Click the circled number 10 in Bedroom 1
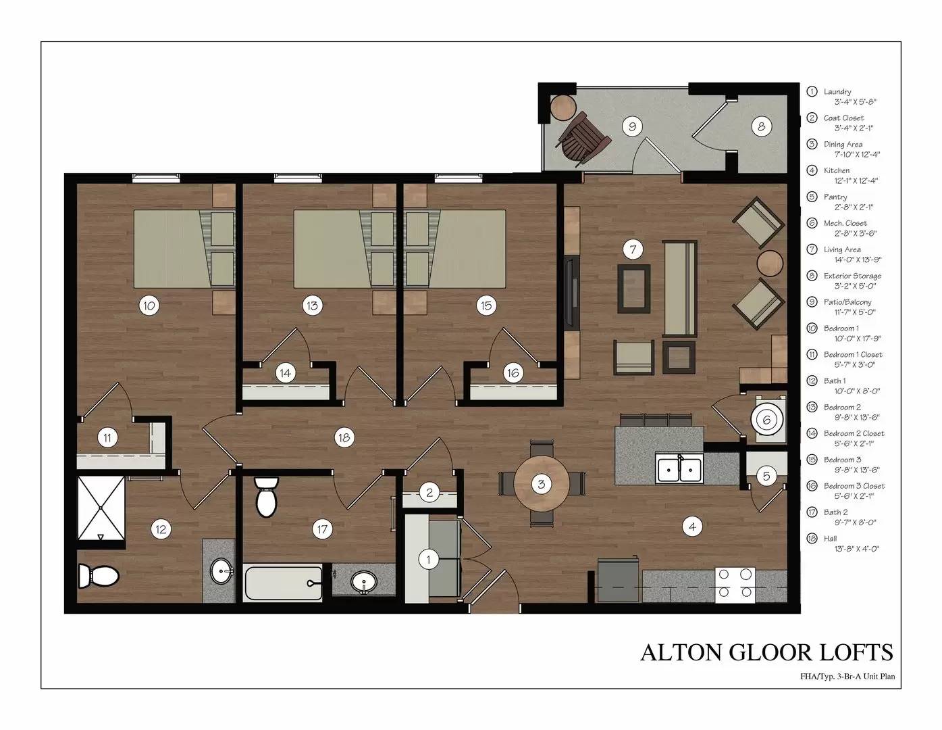point(149,306)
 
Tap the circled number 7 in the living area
point(632,250)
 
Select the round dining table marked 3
point(541,484)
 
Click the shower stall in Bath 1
point(101,508)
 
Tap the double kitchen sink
point(680,468)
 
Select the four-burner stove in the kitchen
point(735,583)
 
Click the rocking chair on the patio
point(582,137)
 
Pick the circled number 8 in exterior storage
point(761,126)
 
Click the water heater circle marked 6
point(766,420)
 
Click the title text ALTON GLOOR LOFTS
point(766,652)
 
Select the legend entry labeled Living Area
point(842,249)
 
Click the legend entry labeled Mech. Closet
point(845,223)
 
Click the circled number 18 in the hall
point(344,437)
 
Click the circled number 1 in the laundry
point(428,559)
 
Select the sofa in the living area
point(679,288)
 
